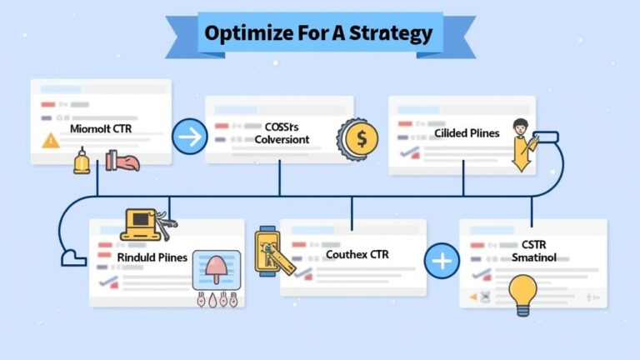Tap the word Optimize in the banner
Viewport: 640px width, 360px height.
click(x=243, y=33)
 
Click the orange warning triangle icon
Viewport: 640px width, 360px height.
click(x=51, y=141)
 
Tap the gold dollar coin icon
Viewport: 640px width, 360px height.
click(x=360, y=139)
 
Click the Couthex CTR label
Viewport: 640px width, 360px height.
click(x=357, y=253)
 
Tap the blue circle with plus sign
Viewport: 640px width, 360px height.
click(x=442, y=262)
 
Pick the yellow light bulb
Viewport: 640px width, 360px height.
click(x=523, y=293)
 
